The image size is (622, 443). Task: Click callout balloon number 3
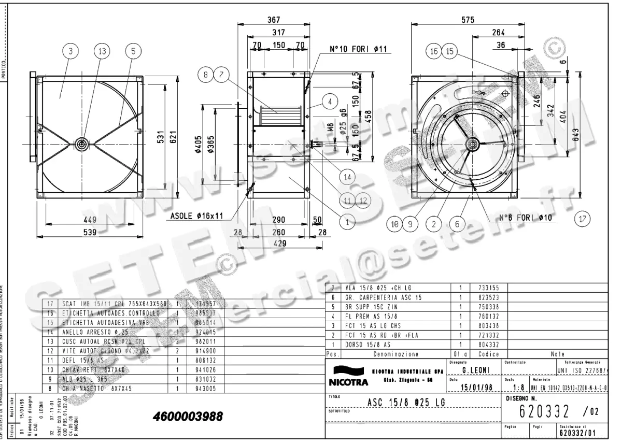[x=70, y=51]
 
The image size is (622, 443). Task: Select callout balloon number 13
[x=102, y=51]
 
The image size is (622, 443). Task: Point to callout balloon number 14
[x=347, y=177]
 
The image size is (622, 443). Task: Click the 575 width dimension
[x=467, y=20]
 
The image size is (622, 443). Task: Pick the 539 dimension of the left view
[x=91, y=233]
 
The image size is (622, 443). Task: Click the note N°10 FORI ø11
[x=358, y=50]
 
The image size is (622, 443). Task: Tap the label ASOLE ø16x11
[x=197, y=216]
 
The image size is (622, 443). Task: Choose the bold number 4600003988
[x=188, y=417]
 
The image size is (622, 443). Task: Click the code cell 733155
[x=485, y=288]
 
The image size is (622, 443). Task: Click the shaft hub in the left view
[x=82, y=144]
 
